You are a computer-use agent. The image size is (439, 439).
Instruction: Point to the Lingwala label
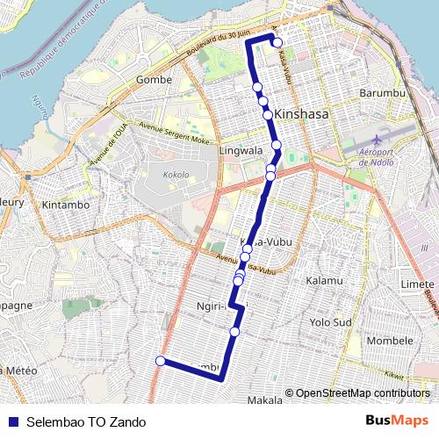pyautogui.click(x=241, y=151)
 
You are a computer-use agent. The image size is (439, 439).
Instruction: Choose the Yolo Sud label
pyautogui.click(x=331, y=322)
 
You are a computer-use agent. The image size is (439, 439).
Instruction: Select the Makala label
pyautogui.click(x=265, y=399)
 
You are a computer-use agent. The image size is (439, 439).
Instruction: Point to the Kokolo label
pyautogui.click(x=176, y=175)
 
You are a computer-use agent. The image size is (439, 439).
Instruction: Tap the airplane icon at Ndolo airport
pyautogui.click(x=378, y=140)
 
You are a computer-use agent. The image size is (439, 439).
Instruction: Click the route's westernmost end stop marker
pyautogui.click(x=160, y=360)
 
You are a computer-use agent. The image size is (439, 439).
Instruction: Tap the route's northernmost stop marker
pyautogui.click(x=277, y=42)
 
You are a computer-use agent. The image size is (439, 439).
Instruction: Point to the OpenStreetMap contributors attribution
pyautogui.click(x=359, y=393)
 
